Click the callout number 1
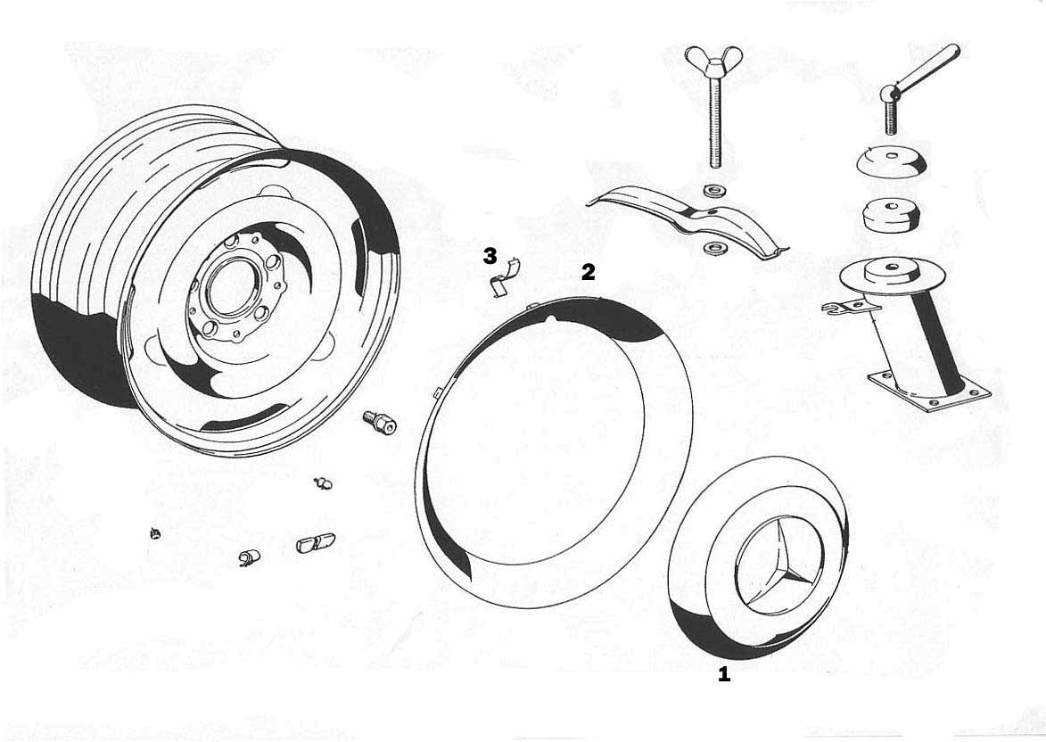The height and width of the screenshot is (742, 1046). pos(724,674)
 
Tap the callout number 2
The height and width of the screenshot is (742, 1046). pos(588,272)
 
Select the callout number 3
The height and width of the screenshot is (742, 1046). pos(490,256)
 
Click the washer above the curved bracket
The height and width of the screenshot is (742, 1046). pos(712,188)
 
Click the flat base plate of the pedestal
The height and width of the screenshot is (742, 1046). pos(929,393)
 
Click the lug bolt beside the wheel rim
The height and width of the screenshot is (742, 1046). pos(380,422)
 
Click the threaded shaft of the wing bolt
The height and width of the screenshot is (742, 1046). pos(713,123)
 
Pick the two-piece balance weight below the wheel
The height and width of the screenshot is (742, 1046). pos(317,542)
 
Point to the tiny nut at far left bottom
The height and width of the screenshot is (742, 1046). pos(155,533)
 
